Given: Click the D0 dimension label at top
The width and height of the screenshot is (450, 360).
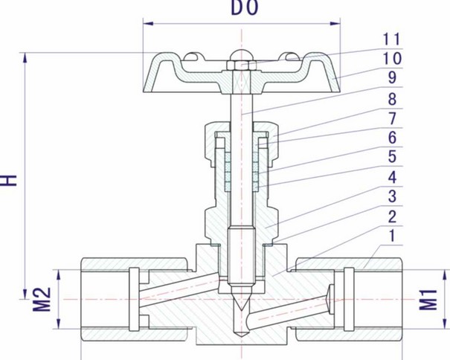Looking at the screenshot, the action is [245, 7].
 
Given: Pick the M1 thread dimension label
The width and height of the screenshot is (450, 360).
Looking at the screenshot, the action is [428, 300].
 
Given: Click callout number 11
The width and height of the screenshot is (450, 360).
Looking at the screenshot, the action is [391, 39].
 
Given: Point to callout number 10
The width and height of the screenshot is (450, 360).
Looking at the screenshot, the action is [392, 59].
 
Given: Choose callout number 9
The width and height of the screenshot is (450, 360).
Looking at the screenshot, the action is [392, 77].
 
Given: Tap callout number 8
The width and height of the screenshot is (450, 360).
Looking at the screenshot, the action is [392, 99].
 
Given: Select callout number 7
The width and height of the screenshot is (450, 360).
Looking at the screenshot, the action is [392, 118].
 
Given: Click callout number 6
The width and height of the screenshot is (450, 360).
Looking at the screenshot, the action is [392, 137].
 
